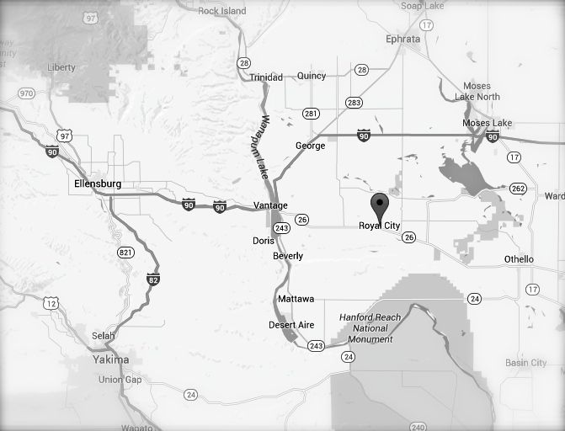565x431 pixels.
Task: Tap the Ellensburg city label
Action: coord(99,183)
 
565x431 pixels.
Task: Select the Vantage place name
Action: coord(270,205)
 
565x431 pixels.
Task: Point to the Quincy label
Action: coord(311,76)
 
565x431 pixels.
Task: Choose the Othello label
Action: coord(519,259)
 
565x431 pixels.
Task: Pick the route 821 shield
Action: coord(126,252)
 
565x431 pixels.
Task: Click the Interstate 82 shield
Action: coord(152,279)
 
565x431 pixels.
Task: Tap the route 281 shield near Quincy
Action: coord(311,114)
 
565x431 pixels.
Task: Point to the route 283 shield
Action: coord(354,102)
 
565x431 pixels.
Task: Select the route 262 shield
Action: coord(520,189)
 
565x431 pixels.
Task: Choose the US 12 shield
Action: coord(52,302)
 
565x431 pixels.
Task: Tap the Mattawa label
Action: coord(296,299)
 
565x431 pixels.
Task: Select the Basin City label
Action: coord(526,363)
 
